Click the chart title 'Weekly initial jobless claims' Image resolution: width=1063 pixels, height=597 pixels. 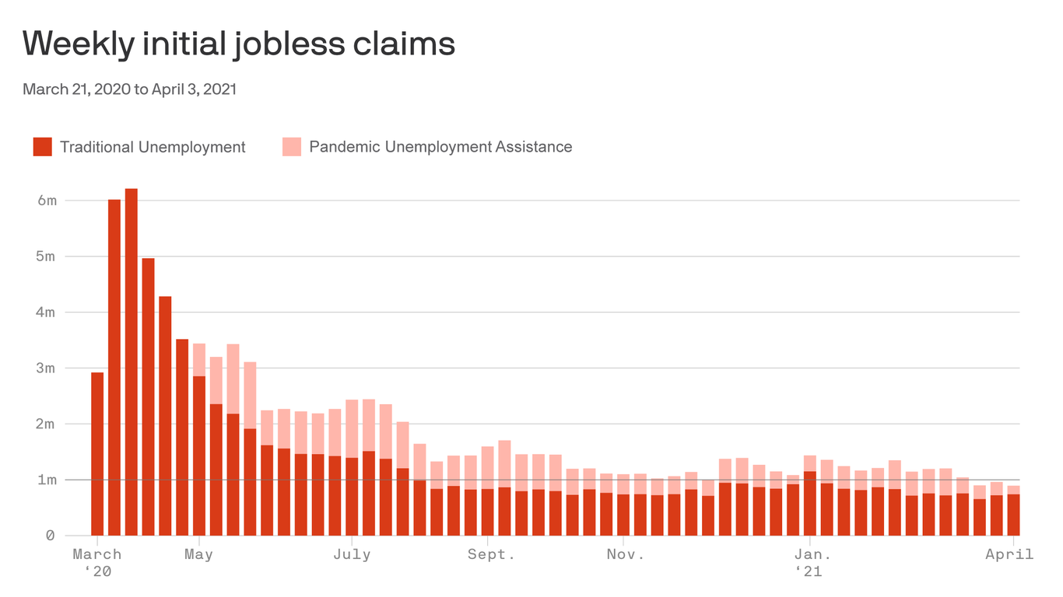click(239, 44)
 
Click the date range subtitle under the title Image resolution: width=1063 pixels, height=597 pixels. click(129, 89)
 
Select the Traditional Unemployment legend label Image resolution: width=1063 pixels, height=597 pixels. click(153, 147)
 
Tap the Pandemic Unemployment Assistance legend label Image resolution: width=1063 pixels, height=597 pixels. click(440, 147)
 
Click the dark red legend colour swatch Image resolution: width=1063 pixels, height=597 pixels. click(42, 147)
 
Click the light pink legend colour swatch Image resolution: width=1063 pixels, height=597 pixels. click(292, 147)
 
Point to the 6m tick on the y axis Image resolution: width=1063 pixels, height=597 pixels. click(47, 201)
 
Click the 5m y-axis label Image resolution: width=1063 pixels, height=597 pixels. click(47, 257)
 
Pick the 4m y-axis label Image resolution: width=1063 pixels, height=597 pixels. click(47, 312)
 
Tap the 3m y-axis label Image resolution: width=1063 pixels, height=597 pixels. click(47, 368)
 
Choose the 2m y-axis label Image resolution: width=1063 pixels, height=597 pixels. click(47, 424)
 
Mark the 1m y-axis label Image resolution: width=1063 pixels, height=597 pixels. click(47, 480)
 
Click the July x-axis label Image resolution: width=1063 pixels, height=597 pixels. click(352, 555)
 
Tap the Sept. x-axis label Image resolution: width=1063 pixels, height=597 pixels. click(491, 555)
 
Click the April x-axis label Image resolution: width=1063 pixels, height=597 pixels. click(1009, 555)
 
